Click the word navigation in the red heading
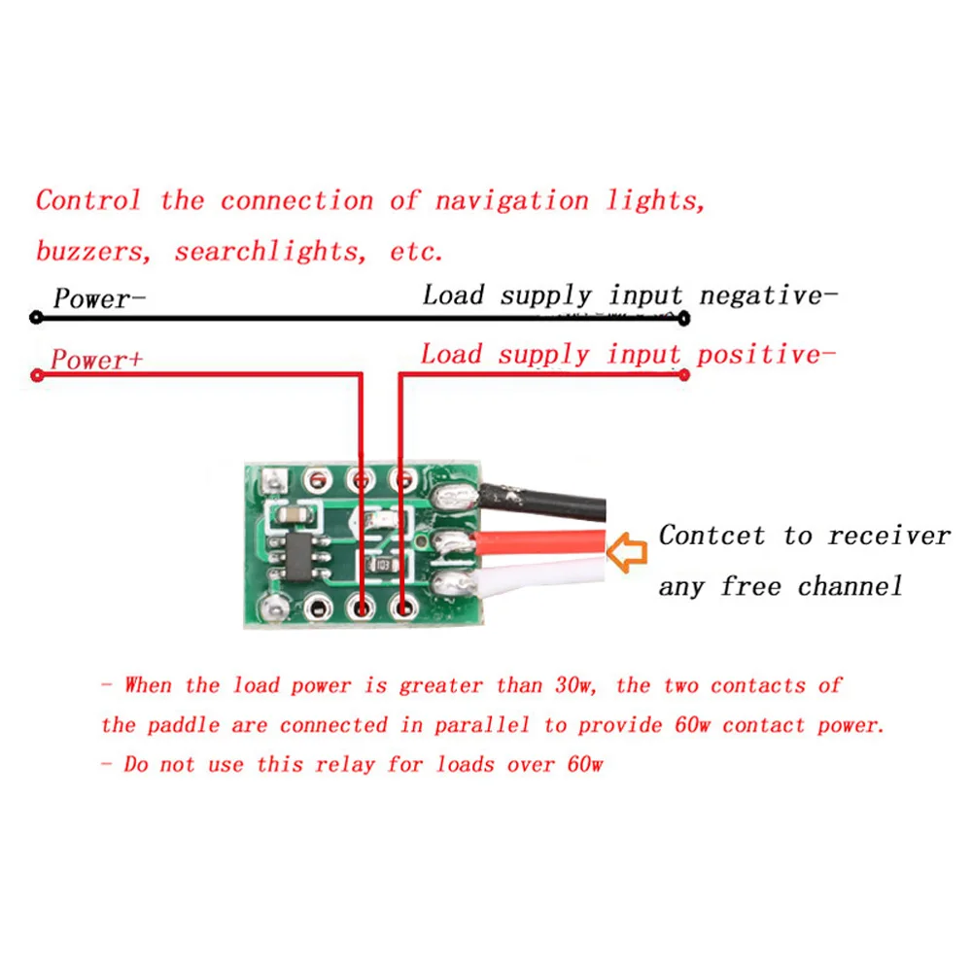click(511, 201)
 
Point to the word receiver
click(888, 536)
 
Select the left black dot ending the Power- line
click(36, 318)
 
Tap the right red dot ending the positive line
click(684, 375)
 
